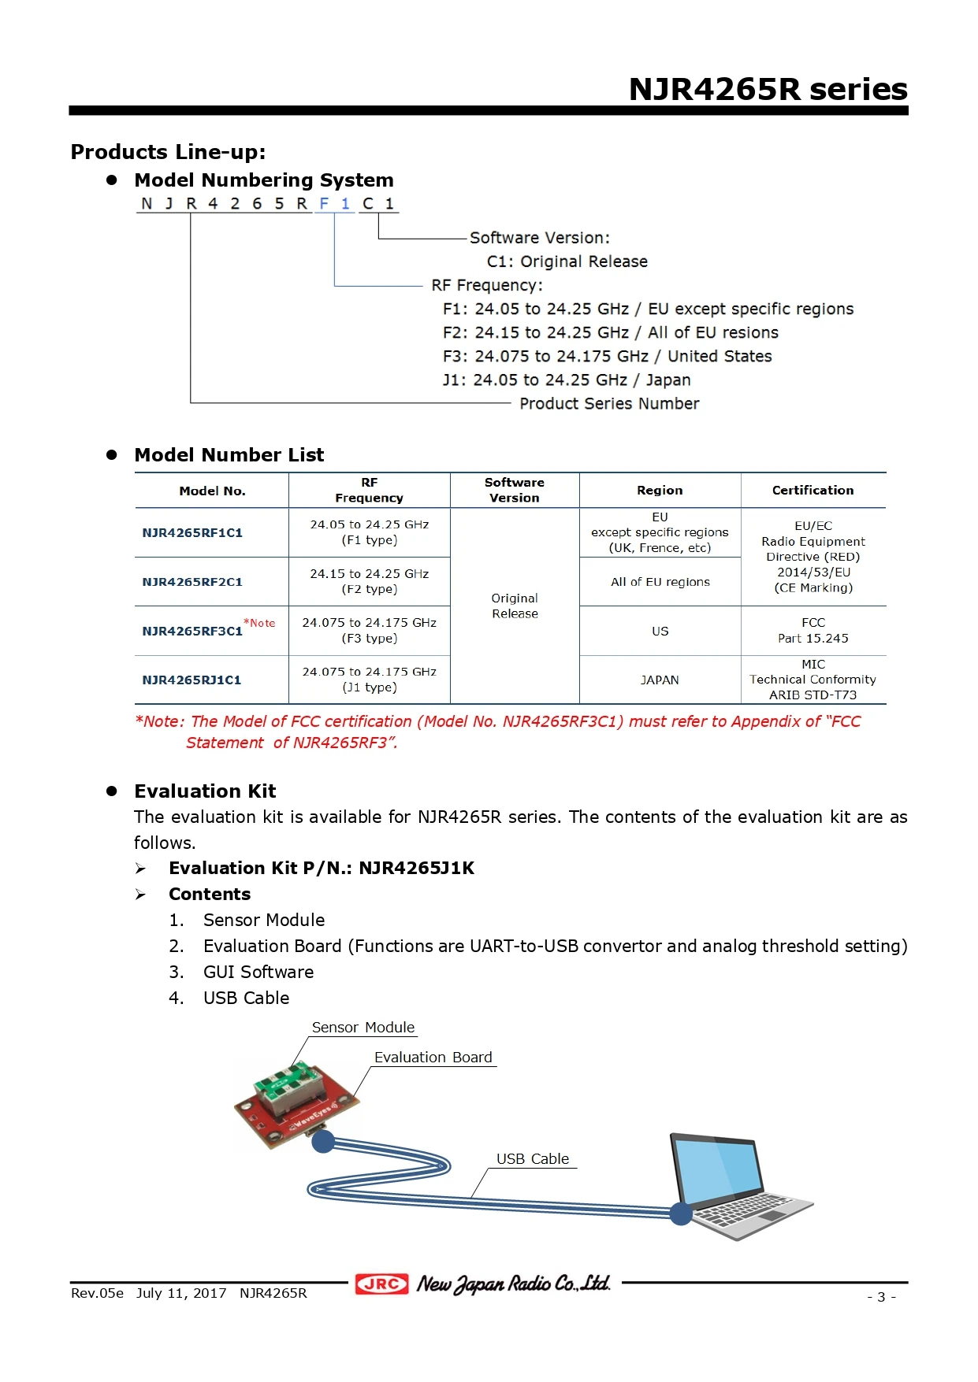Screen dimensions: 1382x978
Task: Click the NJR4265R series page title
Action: point(768,89)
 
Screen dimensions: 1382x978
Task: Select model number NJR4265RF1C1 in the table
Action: point(192,533)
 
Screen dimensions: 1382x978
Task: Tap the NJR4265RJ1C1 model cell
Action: point(192,680)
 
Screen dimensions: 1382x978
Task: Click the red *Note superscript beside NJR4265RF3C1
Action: point(260,623)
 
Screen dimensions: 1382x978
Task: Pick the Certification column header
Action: point(813,490)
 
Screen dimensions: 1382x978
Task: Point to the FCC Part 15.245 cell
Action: point(813,631)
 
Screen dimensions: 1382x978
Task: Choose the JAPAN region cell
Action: point(660,680)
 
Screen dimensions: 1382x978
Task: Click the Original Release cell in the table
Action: point(515,606)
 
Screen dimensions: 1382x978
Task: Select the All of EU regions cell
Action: point(660,582)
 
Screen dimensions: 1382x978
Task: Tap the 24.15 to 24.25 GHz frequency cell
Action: point(369,581)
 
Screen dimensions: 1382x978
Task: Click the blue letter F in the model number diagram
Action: point(324,203)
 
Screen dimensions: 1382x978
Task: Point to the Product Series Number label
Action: point(609,403)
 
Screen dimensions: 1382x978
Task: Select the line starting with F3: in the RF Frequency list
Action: point(607,356)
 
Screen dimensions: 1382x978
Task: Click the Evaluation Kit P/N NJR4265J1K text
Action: point(322,868)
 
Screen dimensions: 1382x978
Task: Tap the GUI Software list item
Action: point(258,972)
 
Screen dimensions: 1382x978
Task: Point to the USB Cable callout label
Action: point(532,1158)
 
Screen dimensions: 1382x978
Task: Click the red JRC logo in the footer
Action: point(382,1284)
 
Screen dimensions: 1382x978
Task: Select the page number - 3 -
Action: point(881,1296)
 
